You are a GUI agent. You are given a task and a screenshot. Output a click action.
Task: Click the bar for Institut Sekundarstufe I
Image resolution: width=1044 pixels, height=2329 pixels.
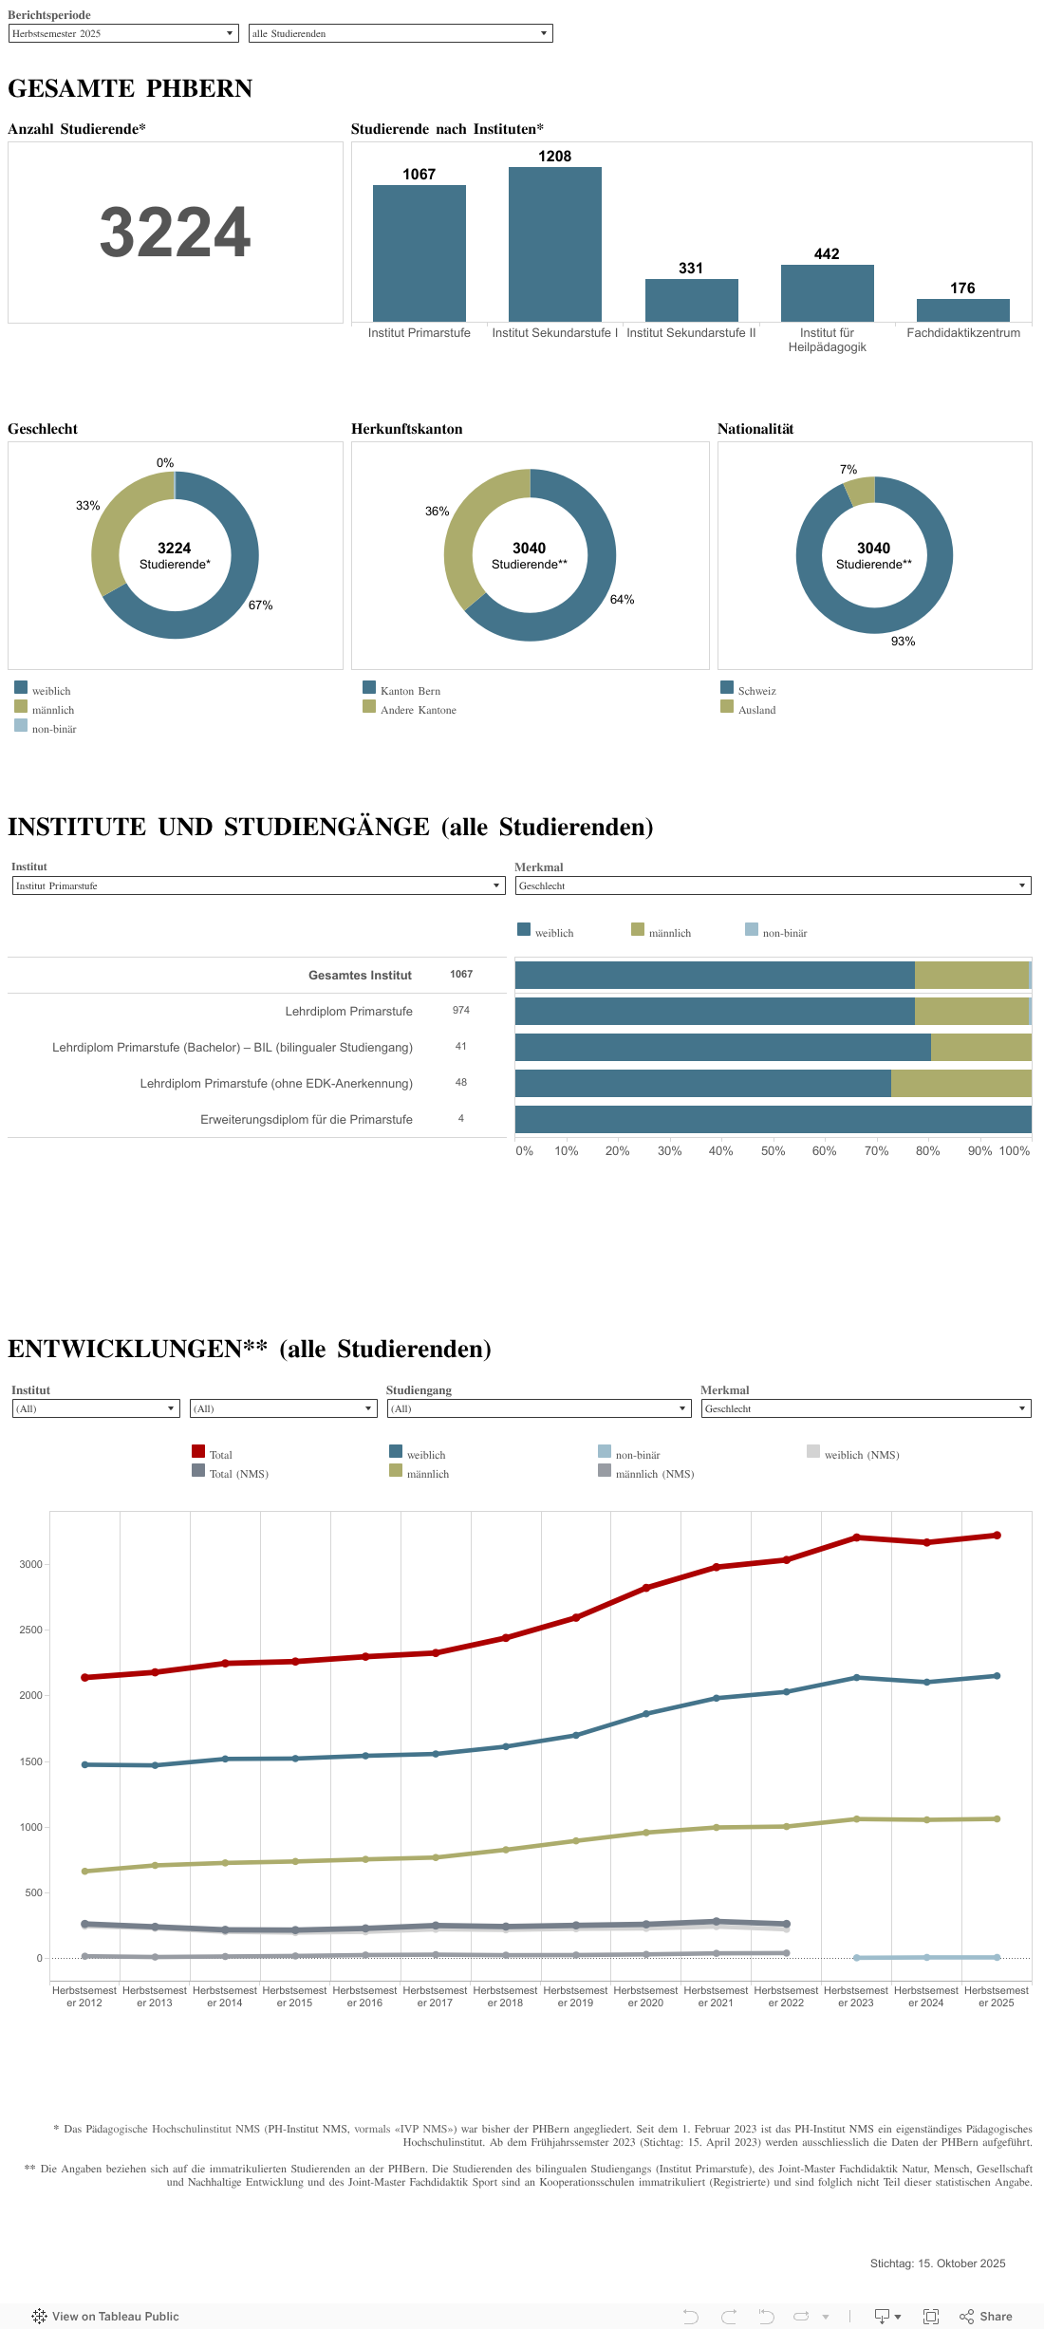pos(555,244)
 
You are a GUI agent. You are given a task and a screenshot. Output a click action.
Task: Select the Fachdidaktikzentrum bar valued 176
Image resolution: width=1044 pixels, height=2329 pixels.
pos(962,310)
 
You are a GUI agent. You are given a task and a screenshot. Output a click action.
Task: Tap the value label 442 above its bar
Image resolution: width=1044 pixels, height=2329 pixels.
pos(826,254)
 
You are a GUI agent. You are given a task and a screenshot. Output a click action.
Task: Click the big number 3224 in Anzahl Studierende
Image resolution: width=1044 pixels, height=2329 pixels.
pos(176,233)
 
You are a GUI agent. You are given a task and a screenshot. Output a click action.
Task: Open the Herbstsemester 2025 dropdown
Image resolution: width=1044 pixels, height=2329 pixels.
pos(122,33)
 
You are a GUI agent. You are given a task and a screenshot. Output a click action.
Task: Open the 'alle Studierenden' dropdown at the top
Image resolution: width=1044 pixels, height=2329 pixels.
pos(400,33)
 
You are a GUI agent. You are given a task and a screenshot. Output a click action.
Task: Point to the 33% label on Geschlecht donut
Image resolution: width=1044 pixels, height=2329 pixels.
pos(88,506)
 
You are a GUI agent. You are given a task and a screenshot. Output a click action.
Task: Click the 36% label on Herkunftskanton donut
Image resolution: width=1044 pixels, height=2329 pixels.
pos(437,512)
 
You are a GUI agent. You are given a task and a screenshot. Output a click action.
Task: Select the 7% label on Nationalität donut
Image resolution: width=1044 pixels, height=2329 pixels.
pos(848,470)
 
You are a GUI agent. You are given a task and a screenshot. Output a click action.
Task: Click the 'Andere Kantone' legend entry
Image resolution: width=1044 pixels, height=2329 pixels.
pos(418,710)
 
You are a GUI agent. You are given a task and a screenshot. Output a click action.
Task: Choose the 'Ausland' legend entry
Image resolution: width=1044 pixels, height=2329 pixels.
pos(756,710)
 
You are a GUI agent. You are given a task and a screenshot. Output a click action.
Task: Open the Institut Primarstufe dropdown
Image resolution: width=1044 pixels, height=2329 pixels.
pos(257,885)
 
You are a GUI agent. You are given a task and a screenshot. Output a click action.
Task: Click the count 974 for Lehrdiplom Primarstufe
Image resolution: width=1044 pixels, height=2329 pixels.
pos(461,1011)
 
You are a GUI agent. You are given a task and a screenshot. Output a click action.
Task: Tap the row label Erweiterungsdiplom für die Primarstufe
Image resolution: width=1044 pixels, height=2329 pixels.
pos(306,1120)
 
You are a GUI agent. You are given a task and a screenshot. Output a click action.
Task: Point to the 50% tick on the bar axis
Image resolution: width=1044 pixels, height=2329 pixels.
pos(773,1151)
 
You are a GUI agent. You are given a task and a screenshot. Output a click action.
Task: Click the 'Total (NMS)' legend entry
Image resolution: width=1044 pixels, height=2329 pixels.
pos(238,1474)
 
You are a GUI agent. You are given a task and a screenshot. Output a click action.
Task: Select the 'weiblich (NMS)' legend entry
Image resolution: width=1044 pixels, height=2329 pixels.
pos(861,1455)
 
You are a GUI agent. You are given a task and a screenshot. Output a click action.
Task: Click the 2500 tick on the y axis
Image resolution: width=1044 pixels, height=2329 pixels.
pos(31,1630)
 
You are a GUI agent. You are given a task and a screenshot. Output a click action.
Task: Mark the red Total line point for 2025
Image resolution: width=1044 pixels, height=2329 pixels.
pos(997,1535)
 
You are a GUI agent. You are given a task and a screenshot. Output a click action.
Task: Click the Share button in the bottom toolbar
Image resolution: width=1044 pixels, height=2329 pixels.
pos(986,2316)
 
